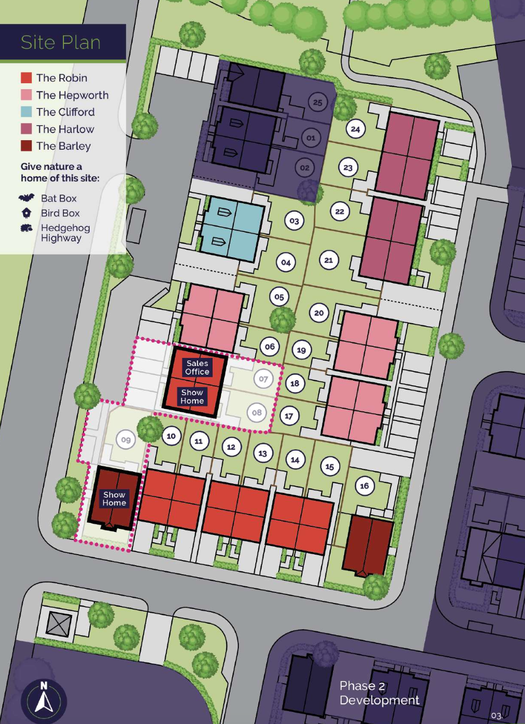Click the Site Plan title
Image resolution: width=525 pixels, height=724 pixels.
click(x=60, y=42)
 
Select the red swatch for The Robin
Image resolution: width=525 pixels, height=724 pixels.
click(x=26, y=78)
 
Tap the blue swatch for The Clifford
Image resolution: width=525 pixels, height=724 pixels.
click(x=26, y=112)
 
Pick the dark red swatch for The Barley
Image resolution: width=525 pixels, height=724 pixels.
click(x=26, y=146)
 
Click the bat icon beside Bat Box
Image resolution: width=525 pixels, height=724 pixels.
click(x=26, y=198)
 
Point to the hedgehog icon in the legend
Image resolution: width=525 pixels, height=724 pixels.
click(x=26, y=228)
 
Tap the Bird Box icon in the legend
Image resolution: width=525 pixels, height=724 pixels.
click(x=26, y=213)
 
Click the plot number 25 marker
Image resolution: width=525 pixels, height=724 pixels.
click(x=317, y=102)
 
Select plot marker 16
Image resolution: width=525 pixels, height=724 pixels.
click(x=364, y=486)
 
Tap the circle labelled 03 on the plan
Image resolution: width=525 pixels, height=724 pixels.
click(x=294, y=221)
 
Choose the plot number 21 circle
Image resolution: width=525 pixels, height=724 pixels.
click(x=329, y=260)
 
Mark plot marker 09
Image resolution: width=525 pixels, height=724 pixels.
click(x=126, y=440)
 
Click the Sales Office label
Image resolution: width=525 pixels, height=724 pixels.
click(x=197, y=368)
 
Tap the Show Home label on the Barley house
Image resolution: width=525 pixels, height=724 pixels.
click(x=114, y=499)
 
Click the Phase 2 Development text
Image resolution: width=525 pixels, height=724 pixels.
click(x=379, y=693)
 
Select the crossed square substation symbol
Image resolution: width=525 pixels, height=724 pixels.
click(x=59, y=624)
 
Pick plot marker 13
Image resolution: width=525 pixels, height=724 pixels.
click(x=262, y=453)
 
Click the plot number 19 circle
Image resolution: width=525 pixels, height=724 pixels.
click(x=301, y=350)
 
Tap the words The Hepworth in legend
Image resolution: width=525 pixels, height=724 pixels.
click(x=72, y=95)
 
